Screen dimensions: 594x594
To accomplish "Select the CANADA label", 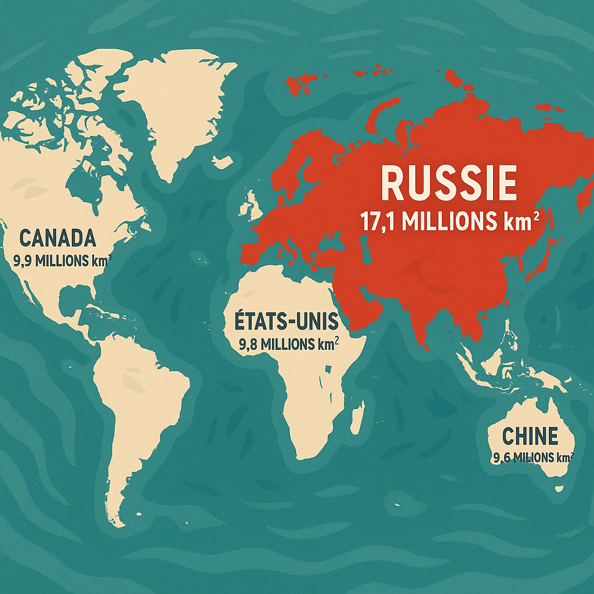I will pos(57,238).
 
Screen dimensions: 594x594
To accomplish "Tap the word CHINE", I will pos(530,436).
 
